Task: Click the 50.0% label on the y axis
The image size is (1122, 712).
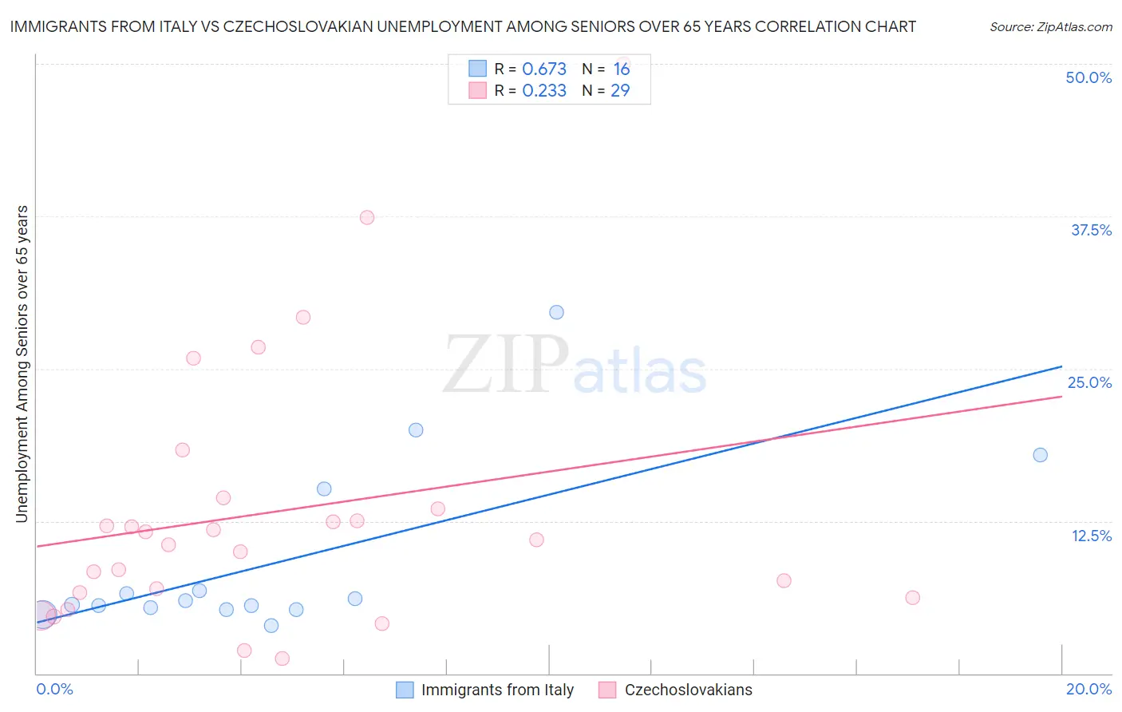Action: tap(1088, 77)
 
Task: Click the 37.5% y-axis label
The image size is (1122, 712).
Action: tap(1091, 230)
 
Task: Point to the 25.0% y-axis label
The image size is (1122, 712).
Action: tap(1089, 382)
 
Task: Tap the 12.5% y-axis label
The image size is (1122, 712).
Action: tap(1091, 536)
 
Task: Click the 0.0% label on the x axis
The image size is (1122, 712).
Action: tap(55, 689)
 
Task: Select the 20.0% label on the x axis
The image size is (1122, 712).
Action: tap(1088, 689)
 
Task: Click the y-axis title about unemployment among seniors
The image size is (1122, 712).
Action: tap(22, 364)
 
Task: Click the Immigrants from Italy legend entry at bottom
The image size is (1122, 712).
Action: tap(497, 690)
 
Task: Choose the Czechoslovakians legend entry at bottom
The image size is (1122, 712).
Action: tap(688, 690)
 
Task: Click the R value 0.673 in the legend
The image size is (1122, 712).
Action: tap(544, 69)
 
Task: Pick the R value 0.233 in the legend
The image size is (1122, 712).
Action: tap(544, 91)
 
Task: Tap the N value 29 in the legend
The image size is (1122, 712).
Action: tap(620, 91)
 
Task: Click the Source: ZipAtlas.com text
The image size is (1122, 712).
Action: tap(1050, 27)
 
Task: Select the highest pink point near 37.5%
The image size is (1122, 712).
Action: tap(367, 217)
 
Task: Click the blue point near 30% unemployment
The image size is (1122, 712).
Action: tap(556, 312)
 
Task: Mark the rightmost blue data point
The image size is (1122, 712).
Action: tap(1040, 455)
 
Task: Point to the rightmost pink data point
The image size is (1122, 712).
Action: tap(912, 598)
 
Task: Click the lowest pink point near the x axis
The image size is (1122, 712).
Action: tap(282, 659)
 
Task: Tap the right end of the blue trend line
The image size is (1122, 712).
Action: tap(1061, 366)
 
